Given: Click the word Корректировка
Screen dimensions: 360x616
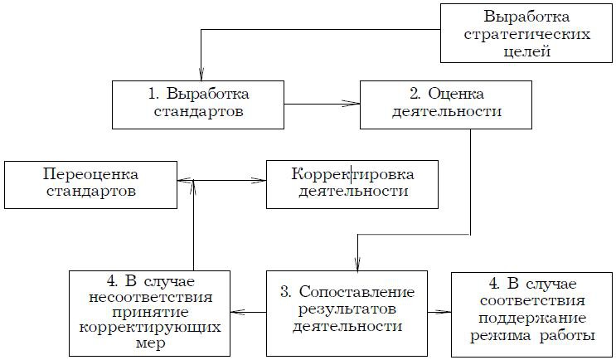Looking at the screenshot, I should (x=352, y=174).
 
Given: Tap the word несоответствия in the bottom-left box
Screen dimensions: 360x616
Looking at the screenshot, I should (x=146, y=295).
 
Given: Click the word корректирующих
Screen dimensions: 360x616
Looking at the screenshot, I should (x=146, y=328).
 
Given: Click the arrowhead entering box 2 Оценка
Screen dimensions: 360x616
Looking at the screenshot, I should (x=355, y=104).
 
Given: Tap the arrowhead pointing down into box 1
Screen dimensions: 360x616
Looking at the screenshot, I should (x=200, y=75).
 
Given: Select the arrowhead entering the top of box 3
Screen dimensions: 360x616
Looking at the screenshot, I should (x=357, y=266).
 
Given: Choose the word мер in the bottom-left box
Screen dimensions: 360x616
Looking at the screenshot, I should (x=146, y=344).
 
